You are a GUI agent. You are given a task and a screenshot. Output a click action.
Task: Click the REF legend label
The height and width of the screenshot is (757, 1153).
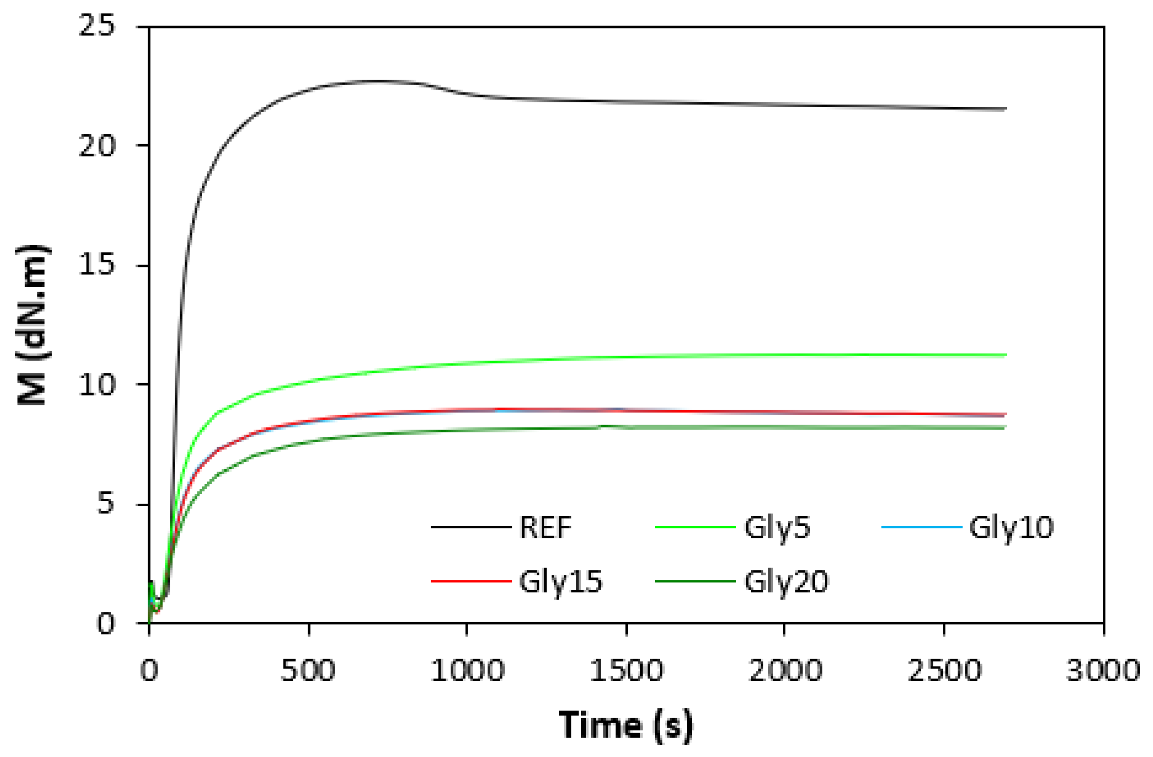pos(545,528)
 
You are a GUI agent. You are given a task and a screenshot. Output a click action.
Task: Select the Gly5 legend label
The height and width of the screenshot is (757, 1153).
pos(777,528)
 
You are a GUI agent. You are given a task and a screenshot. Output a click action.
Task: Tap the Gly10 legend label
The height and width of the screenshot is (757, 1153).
pos(1011,528)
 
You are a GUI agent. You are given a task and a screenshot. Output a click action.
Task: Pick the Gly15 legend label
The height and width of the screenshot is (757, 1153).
pos(561,582)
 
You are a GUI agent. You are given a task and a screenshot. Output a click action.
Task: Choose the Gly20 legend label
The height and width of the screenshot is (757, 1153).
pos(786,582)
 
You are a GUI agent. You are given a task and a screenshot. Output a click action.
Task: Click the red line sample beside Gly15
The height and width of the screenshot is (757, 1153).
pos(471,581)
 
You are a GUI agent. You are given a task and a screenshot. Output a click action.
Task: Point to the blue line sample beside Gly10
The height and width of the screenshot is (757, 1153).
pos(921,527)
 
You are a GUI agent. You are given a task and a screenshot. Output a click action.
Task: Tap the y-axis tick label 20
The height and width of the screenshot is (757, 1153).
pos(96,146)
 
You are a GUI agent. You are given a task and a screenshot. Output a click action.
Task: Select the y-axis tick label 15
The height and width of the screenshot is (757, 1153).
pos(96,265)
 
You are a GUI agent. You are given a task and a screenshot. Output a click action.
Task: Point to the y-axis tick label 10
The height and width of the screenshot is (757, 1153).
pos(96,385)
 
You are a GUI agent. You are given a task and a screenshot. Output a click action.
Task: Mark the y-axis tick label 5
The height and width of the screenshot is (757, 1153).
pos(105,504)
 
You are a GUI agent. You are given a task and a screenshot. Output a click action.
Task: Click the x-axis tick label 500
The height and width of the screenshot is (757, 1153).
pos(308,671)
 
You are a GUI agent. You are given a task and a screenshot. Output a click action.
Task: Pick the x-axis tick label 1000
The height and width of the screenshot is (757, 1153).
pos(467,671)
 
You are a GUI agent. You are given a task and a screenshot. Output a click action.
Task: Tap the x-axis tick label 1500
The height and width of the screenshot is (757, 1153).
pos(626,671)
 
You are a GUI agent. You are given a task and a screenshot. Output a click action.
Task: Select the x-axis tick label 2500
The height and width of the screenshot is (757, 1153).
pos(944,671)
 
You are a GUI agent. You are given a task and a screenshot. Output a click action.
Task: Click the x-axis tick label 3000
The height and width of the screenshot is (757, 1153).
pos(1103,671)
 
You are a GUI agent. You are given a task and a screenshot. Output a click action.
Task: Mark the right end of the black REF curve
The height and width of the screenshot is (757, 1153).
pos(1005,109)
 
